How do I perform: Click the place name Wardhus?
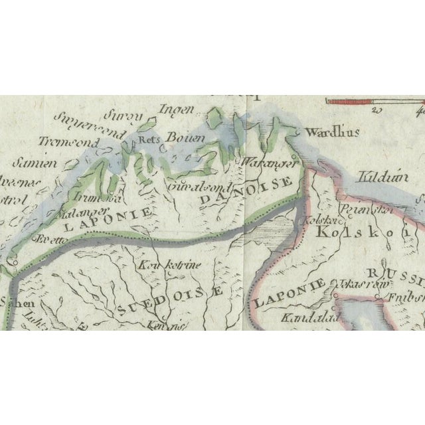tap(333, 131)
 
